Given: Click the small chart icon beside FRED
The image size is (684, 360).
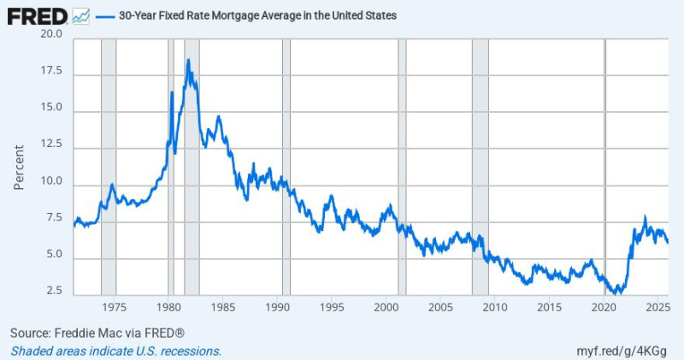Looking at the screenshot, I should pos(81,15).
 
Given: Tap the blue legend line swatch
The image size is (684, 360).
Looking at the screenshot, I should pos(105,15).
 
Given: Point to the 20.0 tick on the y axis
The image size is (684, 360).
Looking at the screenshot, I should pos(51,34).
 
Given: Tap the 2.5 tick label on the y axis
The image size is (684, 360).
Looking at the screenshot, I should pos(54,291).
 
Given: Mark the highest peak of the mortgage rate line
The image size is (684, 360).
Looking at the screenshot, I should pos(187,60).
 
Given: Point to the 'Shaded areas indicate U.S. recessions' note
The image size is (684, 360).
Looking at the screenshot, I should pos(116,351).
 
